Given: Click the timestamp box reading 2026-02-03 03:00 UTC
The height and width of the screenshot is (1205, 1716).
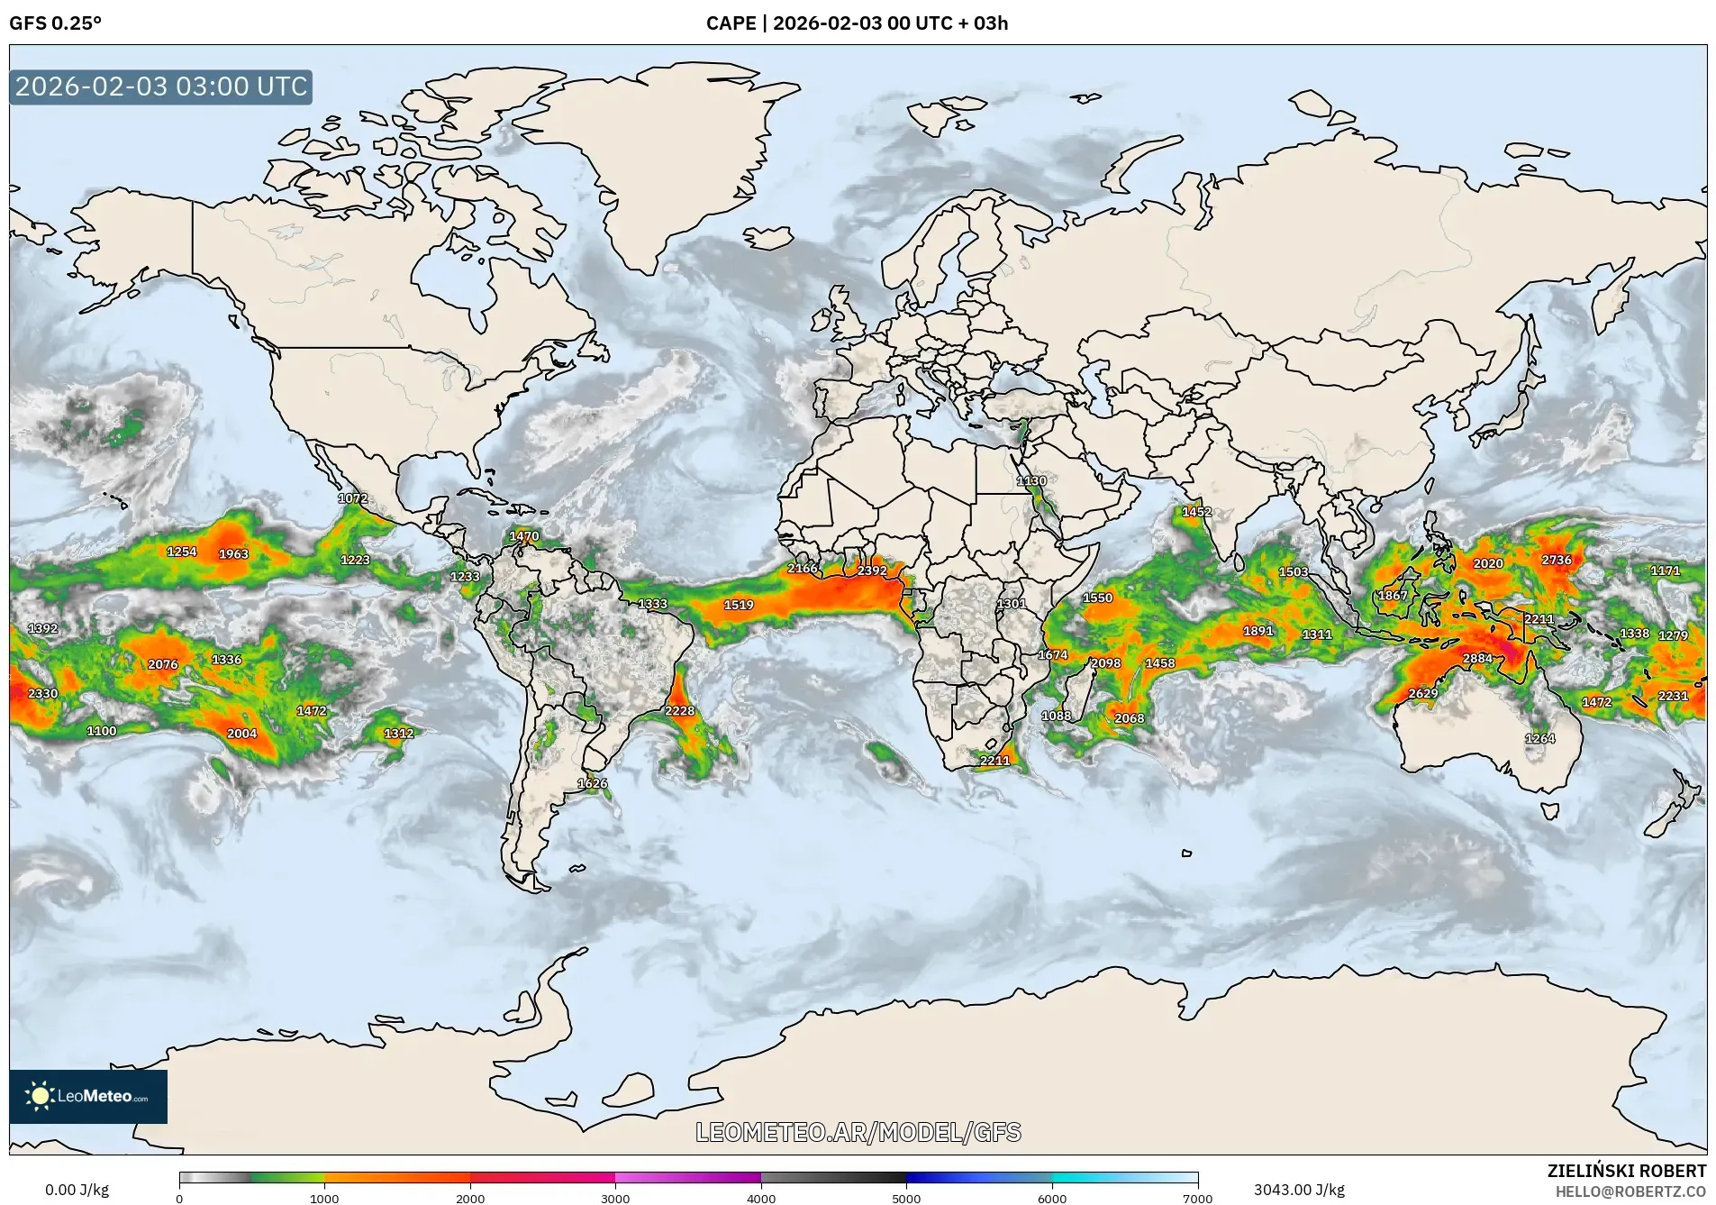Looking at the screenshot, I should pyautogui.click(x=161, y=87).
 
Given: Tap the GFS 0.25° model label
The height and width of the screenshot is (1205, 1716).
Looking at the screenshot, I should pyautogui.click(x=55, y=23).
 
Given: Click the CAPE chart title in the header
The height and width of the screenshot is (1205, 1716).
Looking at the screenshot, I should pyautogui.click(x=857, y=23).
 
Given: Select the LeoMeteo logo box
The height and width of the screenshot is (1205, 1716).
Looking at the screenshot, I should pyautogui.click(x=88, y=1096).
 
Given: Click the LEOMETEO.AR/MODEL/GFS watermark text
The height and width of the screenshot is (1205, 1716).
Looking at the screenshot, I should pyautogui.click(x=858, y=1132).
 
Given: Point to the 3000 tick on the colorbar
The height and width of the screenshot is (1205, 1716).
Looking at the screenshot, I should pyautogui.click(x=615, y=1197).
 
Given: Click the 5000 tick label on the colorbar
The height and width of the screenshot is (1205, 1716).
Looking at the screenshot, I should pyautogui.click(x=906, y=1199).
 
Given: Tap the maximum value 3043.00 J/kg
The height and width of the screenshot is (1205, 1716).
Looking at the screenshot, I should pyautogui.click(x=1299, y=1190).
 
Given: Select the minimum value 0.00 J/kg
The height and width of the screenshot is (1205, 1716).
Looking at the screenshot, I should pyautogui.click(x=77, y=1190).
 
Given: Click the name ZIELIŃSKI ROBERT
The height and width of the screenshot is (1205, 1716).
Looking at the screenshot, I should pyautogui.click(x=1626, y=1171).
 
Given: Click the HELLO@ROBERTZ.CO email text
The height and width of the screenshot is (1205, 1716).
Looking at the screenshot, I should pyautogui.click(x=1630, y=1191).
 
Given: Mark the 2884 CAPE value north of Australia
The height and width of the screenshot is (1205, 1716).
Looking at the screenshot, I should pyautogui.click(x=1477, y=658).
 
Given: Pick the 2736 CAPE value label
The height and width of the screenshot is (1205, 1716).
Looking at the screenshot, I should pyautogui.click(x=1556, y=560).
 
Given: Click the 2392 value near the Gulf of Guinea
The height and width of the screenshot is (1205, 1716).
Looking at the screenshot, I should pyautogui.click(x=871, y=571).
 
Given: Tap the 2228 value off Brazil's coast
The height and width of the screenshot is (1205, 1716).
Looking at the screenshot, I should pyautogui.click(x=679, y=711).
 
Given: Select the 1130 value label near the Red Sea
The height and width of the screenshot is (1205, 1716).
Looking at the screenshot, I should pyautogui.click(x=1031, y=481).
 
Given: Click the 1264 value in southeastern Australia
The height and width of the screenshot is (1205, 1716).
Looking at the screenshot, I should pyautogui.click(x=1539, y=738).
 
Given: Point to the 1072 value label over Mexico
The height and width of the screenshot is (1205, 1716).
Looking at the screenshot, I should pyautogui.click(x=352, y=498).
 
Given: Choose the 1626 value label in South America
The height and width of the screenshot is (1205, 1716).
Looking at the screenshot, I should pyautogui.click(x=592, y=783).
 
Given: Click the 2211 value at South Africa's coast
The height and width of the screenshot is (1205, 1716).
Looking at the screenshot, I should pyautogui.click(x=994, y=761).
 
